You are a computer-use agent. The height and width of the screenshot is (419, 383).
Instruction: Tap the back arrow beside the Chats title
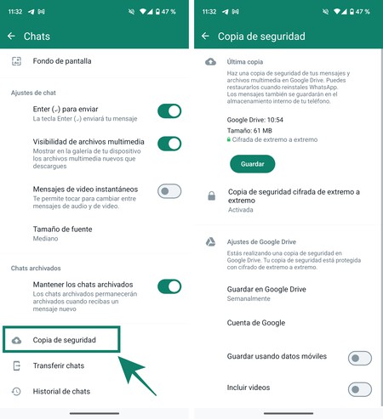click(11, 37)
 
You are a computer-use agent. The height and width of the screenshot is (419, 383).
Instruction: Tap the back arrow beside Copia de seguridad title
click(205, 37)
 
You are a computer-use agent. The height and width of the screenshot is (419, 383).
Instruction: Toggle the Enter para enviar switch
click(169, 110)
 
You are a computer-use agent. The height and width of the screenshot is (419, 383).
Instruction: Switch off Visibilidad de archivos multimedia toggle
click(169, 144)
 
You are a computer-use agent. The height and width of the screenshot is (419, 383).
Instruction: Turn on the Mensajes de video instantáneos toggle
click(169, 191)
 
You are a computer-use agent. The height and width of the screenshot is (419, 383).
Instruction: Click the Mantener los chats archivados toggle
click(169, 286)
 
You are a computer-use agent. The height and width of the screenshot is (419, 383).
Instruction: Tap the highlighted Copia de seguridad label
click(64, 340)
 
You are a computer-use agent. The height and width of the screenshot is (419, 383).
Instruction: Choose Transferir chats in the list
click(58, 365)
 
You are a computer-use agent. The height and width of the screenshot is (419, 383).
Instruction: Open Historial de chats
click(61, 391)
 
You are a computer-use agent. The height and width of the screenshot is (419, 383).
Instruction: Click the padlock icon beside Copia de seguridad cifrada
click(211, 196)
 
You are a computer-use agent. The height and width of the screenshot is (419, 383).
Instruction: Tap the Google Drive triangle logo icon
click(210, 242)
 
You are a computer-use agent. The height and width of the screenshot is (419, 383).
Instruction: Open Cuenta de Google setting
click(256, 323)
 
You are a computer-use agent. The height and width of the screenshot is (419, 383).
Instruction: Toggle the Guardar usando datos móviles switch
click(359, 358)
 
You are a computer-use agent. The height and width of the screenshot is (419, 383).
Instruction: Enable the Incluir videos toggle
click(359, 388)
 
